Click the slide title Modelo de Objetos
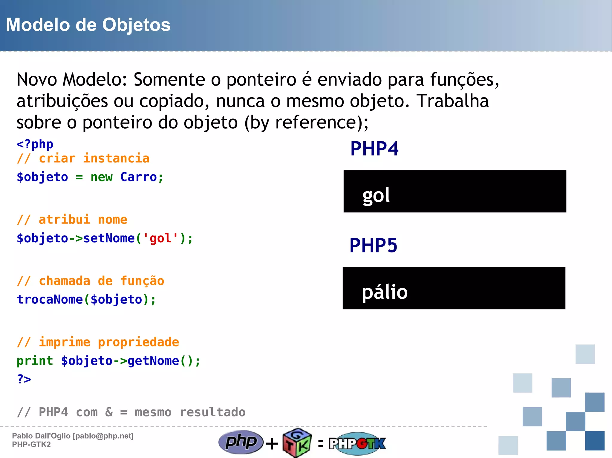click(88, 25)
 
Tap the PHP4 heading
click(374, 149)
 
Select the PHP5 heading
click(373, 245)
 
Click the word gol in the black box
click(376, 196)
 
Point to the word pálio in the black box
click(385, 292)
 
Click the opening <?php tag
click(35, 144)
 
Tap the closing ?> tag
click(24, 379)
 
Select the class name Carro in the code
click(138, 177)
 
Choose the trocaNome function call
click(50, 300)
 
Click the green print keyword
click(35, 361)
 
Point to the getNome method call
click(153, 361)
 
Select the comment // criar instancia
click(83, 158)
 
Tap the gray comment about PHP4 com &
click(131, 412)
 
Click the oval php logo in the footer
click(241, 442)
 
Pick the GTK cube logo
click(297, 443)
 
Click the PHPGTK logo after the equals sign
click(357, 443)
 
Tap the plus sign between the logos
click(272, 443)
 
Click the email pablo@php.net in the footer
click(103, 436)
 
